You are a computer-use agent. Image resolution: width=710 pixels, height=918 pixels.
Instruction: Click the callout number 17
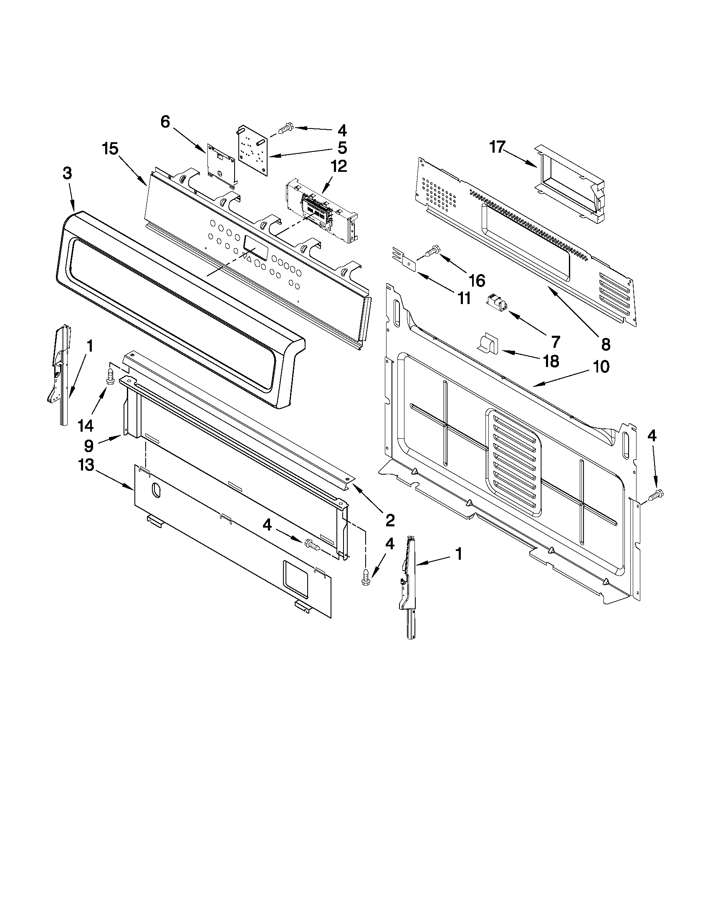pos(497,148)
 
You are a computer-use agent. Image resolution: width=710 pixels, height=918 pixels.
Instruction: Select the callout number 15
pos(111,149)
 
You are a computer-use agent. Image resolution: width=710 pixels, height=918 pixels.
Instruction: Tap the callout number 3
pos(67,173)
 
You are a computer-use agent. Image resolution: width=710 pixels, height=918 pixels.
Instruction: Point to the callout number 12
pos(339,166)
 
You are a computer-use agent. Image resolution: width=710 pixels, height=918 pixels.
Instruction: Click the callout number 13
pos(86,466)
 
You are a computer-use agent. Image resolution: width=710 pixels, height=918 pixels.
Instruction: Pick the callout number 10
pos(601,367)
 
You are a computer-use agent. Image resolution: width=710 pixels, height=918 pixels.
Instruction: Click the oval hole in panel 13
pos(156,490)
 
